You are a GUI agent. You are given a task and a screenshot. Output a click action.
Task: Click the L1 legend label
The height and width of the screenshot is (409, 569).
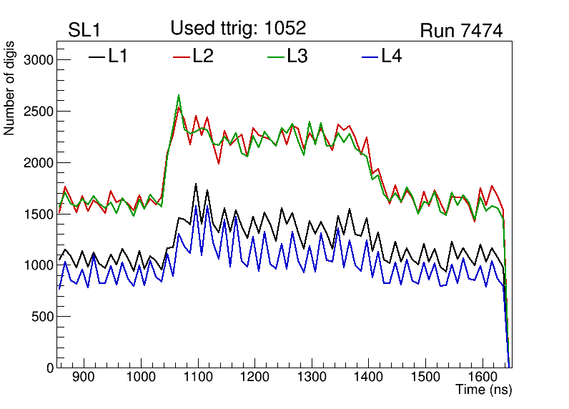pos(118,56)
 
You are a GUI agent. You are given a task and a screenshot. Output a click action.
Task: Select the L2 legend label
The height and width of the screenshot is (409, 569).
pos(203,56)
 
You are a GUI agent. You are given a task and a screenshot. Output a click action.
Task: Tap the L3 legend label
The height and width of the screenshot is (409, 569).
pos(297,56)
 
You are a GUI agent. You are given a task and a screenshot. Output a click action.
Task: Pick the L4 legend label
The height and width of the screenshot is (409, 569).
pos(391,56)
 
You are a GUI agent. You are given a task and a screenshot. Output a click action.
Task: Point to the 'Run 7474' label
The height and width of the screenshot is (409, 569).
pos(461,31)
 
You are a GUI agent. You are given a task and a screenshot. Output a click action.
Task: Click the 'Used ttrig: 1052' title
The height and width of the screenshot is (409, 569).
pos(238,28)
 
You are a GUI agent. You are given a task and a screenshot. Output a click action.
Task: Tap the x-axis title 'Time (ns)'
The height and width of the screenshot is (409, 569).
pos(484,390)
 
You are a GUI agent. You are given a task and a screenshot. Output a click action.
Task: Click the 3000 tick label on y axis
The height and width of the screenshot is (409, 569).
pos(39,60)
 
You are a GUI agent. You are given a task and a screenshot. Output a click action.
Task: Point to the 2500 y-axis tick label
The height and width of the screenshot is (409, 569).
pos(39,112)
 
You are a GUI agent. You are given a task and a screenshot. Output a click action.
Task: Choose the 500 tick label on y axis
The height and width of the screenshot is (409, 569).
pos(44,317)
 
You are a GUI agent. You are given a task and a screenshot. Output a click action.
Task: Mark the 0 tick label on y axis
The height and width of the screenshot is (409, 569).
pos(50,368)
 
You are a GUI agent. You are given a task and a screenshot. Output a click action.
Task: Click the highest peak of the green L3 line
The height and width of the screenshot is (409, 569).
pos(179,95)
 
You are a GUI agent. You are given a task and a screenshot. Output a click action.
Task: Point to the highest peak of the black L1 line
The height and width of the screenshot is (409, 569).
pos(195,184)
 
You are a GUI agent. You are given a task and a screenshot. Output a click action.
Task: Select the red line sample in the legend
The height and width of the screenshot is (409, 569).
pos(182,56)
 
